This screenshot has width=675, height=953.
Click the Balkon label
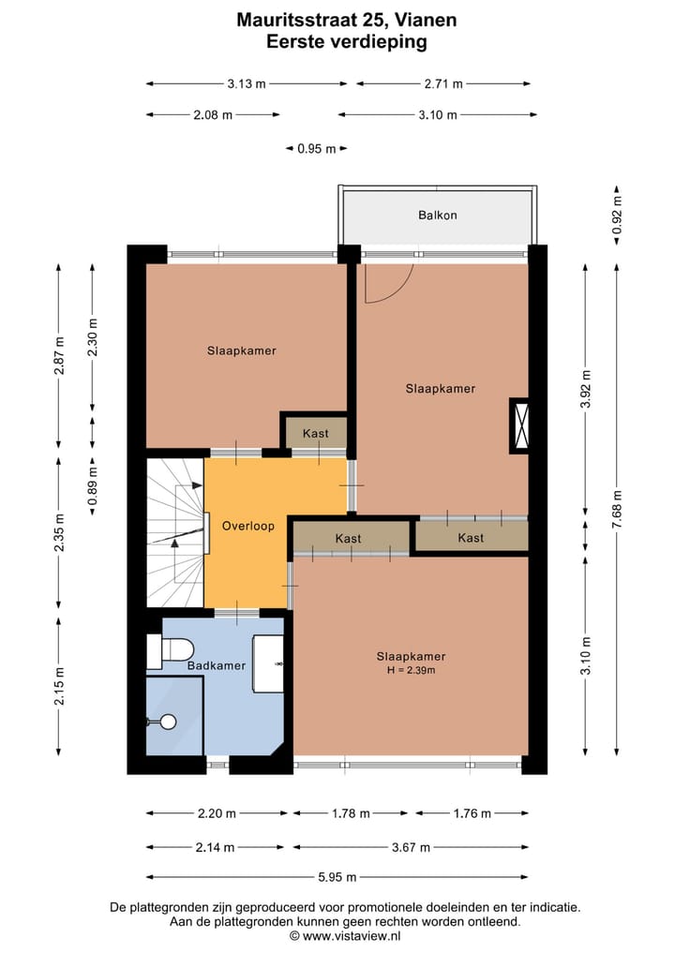437,216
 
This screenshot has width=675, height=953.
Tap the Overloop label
248,526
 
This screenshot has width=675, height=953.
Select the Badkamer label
217,665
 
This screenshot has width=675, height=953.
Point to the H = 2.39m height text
411,670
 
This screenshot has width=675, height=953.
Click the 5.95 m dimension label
337,877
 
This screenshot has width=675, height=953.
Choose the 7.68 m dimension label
617,510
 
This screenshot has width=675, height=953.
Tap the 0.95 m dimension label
316,148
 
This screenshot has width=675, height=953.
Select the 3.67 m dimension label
411,847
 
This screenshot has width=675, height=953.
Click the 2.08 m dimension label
213,114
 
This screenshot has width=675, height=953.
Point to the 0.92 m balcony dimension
617,216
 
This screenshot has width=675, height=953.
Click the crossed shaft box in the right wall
519,425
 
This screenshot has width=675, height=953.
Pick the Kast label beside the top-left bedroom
316,433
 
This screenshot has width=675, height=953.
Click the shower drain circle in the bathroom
169,722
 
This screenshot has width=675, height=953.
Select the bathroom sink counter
268,663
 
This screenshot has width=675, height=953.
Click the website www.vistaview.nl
351,936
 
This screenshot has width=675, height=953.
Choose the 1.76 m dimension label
472,813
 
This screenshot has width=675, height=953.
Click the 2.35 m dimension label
59,533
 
